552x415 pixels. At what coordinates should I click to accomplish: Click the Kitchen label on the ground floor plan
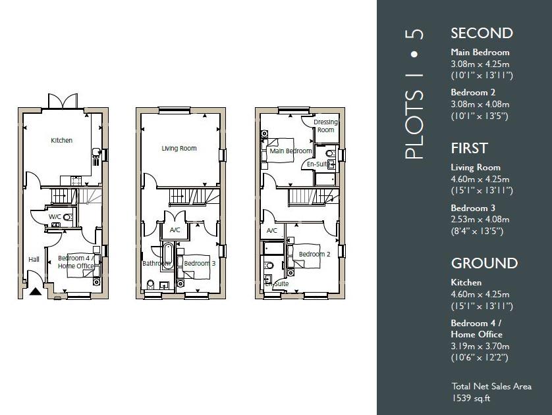(62, 140)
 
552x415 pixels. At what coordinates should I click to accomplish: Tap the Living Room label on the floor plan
(179, 149)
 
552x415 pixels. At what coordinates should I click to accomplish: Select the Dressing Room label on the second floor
(325, 126)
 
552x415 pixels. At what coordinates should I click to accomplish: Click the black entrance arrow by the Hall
(34, 289)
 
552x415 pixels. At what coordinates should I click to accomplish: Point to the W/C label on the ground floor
(55, 216)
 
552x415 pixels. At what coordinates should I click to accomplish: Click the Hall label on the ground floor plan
(34, 259)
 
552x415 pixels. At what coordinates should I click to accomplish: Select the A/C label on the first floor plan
(175, 230)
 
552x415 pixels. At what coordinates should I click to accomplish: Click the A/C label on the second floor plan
(271, 231)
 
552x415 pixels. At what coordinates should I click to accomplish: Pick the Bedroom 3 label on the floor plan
(200, 264)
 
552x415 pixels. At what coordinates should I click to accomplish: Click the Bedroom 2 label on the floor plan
(314, 255)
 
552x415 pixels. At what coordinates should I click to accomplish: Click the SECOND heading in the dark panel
(482, 34)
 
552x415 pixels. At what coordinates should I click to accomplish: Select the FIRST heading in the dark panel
(469, 148)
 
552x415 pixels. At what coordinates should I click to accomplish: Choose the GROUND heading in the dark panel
(484, 263)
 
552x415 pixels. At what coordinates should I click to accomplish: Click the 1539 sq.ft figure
(471, 398)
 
